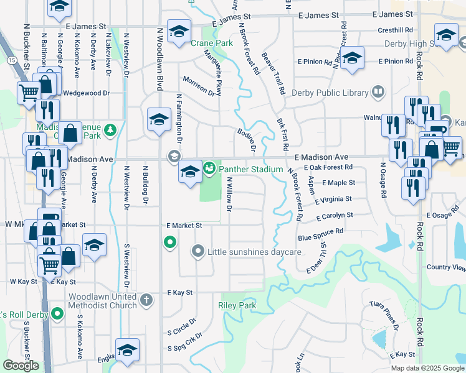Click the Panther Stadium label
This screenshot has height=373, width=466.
click(250, 169)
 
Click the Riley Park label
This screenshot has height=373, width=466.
click(237, 305)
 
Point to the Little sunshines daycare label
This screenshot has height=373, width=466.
click(254, 252)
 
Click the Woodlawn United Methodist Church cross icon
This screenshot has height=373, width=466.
click(146, 300)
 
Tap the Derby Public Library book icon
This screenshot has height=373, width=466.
click(378, 93)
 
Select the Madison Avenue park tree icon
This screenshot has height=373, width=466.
click(110, 130)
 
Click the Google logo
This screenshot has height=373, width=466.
click(21, 366)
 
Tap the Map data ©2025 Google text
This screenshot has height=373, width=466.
click(426, 368)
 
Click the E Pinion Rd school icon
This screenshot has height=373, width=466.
click(353, 58)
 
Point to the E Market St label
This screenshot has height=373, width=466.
click(184, 225)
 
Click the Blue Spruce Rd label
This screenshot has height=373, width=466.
click(320, 234)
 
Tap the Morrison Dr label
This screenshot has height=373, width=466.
click(198, 86)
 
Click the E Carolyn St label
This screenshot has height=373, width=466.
click(335, 216)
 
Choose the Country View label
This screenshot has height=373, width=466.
click(446, 267)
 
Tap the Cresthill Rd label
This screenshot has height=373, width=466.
click(396, 30)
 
